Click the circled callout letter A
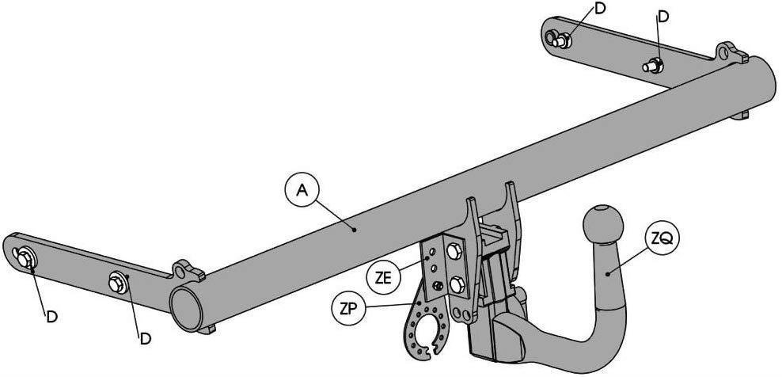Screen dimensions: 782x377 coord(302,191)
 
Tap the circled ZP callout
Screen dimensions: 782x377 coord(348,309)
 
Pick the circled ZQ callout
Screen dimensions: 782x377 coord(662,239)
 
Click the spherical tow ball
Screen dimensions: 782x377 coord(603,223)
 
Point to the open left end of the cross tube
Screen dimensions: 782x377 coord(186,309)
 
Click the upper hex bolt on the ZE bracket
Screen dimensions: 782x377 coord(454,251)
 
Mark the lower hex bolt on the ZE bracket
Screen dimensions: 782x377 coord(457,285)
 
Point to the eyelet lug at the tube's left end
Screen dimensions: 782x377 coord(187,272)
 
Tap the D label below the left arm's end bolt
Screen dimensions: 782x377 coord(52,317)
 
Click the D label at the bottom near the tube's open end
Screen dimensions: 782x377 coord(145,338)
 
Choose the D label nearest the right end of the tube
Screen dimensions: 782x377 coord(662,17)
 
